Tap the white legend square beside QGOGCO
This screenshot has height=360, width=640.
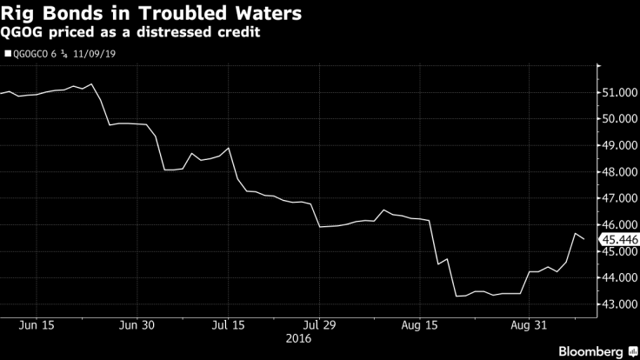pos(9,54)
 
